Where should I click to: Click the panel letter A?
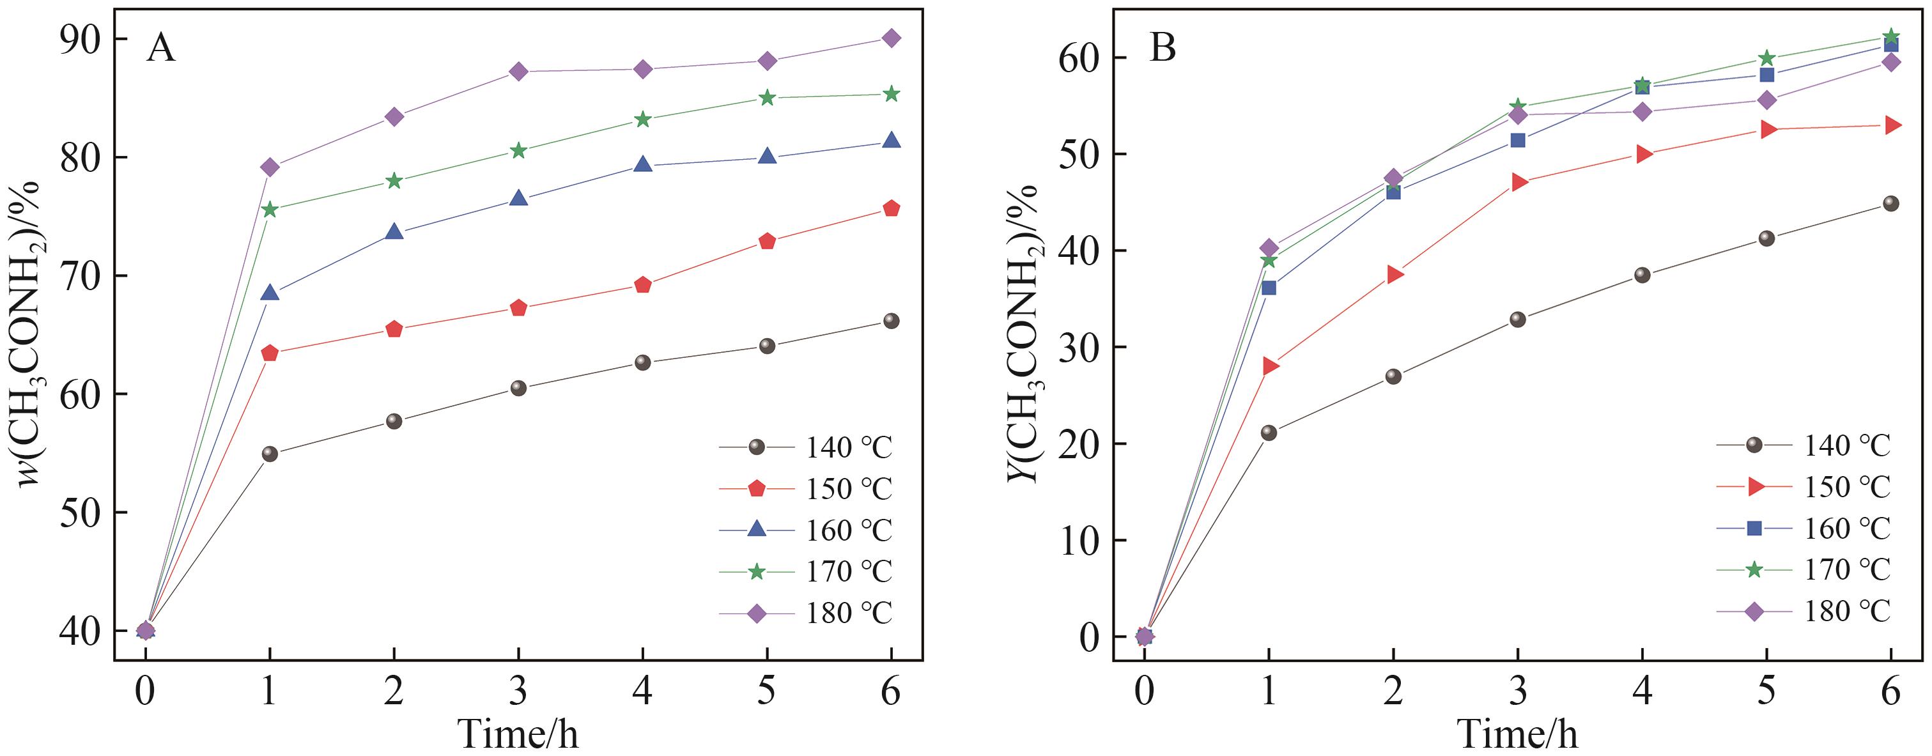(161, 49)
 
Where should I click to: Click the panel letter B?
(1163, 49)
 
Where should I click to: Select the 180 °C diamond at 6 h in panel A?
(891, 38)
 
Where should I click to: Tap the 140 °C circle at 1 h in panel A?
(270, 454)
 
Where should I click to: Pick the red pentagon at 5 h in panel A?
(766, 242)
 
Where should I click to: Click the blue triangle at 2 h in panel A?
(394, 233)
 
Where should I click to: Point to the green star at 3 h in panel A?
(518, 151)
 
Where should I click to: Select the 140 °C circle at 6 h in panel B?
(1890, 203)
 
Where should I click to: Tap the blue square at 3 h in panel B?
(1517, 140)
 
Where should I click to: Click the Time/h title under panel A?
(518, 734)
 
